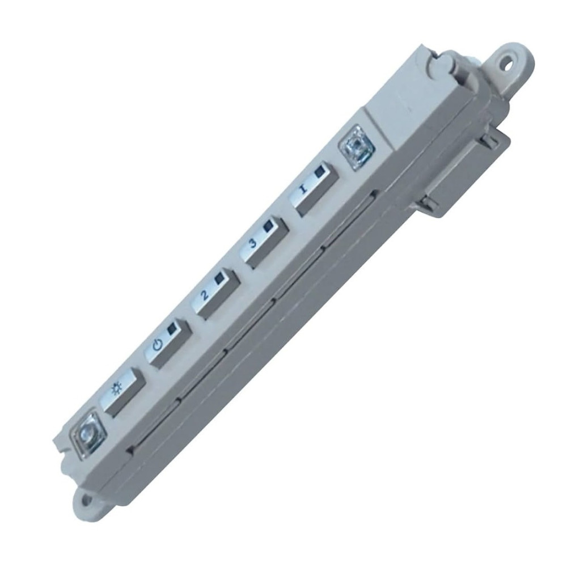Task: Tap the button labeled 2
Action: pyautogui.click(x=216, y=293)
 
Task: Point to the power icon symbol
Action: pyautogui.click(x=158, y=345)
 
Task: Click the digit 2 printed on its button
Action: pyautogui.click(x=205, y=295)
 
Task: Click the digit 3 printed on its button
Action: pyautogui.click(x=253, y=243)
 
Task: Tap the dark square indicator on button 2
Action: pyautogui.click(x=221, y=278)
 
